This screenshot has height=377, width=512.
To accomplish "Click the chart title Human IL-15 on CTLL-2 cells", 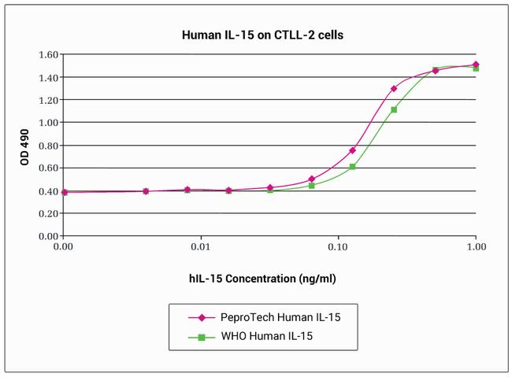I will click(257, 35).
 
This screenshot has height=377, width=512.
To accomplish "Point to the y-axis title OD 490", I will click(27, 146).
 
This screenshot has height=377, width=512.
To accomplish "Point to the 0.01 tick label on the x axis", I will click(201, 246).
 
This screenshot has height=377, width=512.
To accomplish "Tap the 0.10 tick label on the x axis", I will click(338, 246).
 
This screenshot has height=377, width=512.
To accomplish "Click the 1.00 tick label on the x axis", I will click(475, 246).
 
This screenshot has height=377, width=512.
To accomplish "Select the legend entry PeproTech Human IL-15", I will click(271, 317).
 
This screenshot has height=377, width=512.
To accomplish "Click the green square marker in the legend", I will click(201, 337).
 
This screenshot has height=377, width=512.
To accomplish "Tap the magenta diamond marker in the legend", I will click(201, 317).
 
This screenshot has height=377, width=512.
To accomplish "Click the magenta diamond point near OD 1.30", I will click(394, 89).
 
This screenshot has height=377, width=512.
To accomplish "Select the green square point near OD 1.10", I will click(394, 109).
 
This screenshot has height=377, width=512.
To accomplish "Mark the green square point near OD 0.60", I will click(352, 167).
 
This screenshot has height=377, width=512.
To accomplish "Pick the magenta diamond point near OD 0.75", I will click(352, 150).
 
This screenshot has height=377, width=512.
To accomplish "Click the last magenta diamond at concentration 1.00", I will click(475, 65).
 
